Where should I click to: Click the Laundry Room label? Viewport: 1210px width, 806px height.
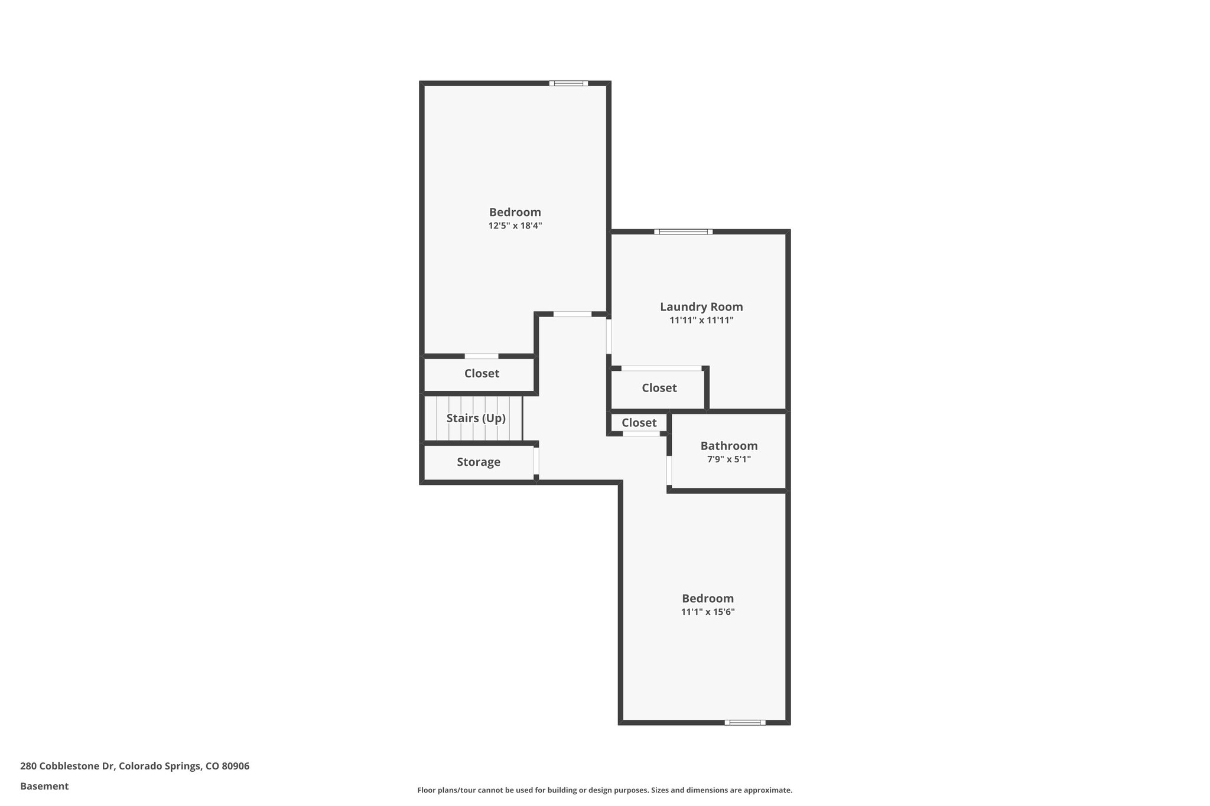(701, 307)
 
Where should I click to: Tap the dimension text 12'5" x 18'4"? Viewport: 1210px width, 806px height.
(515, 226)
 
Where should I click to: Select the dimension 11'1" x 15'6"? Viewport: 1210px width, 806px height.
(707, 612)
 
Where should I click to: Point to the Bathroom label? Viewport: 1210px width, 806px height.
(728, 446)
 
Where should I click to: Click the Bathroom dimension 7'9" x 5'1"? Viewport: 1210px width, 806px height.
(728, 459)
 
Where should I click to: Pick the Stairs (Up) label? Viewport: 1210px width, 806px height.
(476, 418)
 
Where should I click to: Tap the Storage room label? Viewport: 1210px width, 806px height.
(478, 462)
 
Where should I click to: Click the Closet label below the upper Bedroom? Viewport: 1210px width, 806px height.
(482, 374)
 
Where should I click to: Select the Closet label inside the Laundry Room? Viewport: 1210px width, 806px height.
(659, 388)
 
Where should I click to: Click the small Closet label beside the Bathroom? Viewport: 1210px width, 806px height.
(639, 423)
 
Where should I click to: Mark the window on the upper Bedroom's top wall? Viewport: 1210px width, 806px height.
(568, 83)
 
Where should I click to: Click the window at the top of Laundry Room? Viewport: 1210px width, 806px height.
(683, 231)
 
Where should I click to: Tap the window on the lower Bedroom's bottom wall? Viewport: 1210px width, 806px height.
(744, 722)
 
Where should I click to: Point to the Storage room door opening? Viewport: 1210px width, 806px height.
(536, 461)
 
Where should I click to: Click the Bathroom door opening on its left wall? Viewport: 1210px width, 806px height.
(669, 470)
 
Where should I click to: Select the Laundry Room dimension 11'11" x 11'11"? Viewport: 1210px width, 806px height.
(701, 321)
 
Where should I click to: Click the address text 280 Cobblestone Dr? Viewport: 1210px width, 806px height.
(135, 766)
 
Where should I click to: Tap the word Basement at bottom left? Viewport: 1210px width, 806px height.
(44, 787)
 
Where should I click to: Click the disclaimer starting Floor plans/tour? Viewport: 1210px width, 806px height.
(604, 790)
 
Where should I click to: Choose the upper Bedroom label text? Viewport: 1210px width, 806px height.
(515, 213)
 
